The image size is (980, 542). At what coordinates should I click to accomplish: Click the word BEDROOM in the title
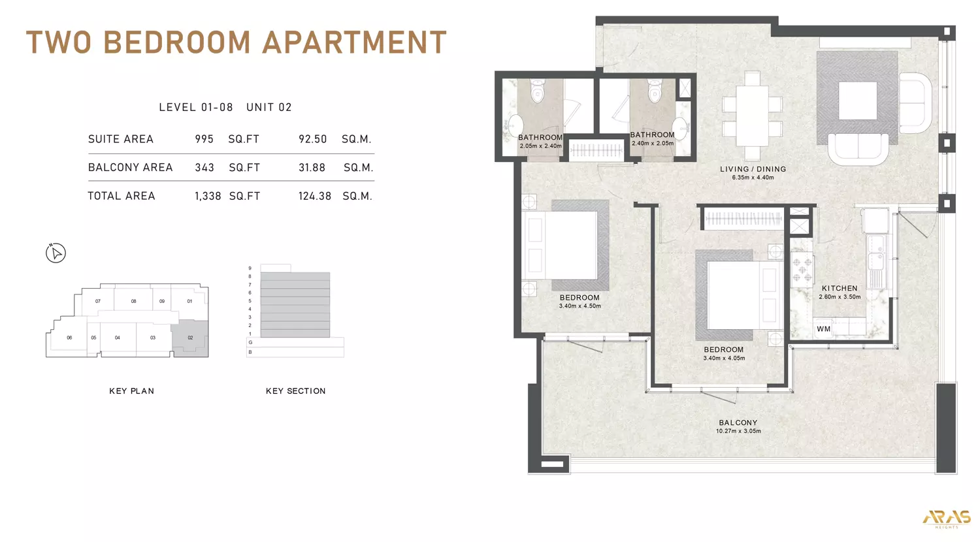coord(177,42)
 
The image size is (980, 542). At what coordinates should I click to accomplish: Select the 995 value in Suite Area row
coord(204,139)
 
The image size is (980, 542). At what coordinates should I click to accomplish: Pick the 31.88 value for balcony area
coord(312,168)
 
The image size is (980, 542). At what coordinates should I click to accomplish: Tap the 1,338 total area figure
coord(208,196)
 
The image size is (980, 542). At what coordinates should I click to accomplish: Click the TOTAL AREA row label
coord(122,196)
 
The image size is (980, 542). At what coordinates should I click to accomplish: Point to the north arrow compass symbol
coord(56,253)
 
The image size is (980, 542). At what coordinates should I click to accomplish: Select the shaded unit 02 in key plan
coord(190,338)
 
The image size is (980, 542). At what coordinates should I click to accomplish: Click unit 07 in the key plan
coord(98,301)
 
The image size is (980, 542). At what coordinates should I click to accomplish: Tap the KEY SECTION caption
coord(295,391)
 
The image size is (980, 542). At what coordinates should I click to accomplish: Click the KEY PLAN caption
coord(131,391)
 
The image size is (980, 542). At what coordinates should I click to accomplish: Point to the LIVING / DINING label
coord(753,169)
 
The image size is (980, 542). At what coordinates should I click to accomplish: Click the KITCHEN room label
coord(840,288)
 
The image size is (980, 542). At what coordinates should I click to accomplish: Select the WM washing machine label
coord(823,329)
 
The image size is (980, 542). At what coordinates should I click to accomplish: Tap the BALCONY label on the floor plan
coord(738,422)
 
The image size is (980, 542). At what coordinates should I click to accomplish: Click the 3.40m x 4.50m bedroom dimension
coord(580,306)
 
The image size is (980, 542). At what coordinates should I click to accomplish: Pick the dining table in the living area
coord(752,116)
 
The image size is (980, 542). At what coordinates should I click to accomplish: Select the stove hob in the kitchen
coord(802,268)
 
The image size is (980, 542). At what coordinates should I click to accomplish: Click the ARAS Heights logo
coord(946,518)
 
